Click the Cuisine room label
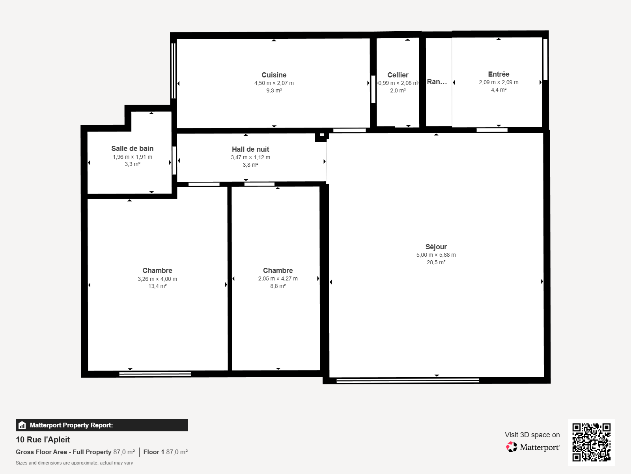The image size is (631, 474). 274,75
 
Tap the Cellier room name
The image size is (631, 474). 398,75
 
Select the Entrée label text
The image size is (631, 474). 498,74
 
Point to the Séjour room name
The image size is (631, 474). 436,247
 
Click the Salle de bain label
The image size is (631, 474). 132,149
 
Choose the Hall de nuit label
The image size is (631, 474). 250,149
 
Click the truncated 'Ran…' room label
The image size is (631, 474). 437,82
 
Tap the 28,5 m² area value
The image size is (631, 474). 436,262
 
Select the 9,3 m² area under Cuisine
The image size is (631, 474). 274,91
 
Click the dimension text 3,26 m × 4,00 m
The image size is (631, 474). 157,279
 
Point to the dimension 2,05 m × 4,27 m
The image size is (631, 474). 278,278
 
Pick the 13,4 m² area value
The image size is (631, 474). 157,286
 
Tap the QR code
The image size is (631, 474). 591,442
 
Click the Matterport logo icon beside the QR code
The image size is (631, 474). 512,447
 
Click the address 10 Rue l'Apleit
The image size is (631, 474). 43,440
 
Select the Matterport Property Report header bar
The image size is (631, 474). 102,425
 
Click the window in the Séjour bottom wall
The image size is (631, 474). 408,381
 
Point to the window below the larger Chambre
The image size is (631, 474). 155,374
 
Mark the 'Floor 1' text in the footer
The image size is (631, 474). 154,452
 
